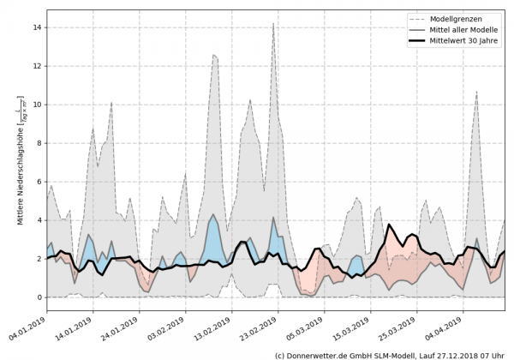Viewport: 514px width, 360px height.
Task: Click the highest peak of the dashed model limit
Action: [x=273, y=24]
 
